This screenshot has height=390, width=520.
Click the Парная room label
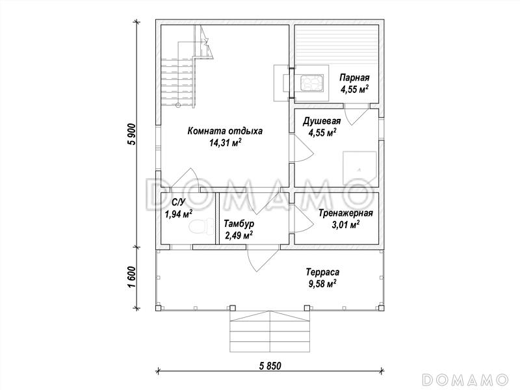(354, 78)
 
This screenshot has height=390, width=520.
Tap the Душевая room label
(322, 122)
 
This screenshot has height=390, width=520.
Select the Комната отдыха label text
(225, 131)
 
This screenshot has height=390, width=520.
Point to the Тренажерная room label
(346, 213)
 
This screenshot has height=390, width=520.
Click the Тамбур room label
(239, 224)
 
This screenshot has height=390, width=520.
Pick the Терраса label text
(322, 272)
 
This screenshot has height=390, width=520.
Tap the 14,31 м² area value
(225, 143)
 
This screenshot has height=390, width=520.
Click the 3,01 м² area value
(346, 225)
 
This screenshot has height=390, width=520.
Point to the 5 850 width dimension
(270, 366)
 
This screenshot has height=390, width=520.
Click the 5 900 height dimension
(133, 135)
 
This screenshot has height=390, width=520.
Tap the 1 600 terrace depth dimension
(133, 278)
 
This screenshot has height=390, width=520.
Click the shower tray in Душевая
(359, 169)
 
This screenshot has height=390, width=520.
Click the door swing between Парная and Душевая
(356, 114)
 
